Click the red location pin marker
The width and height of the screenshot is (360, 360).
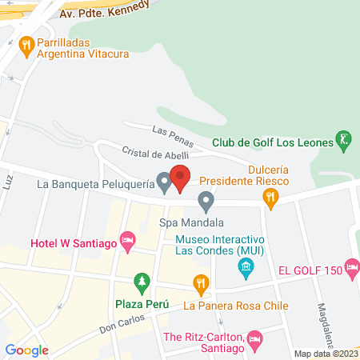[x=180, y=177]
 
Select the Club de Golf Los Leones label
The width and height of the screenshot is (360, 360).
[x=273, y=143]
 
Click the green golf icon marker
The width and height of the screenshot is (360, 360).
[x=343, y=140]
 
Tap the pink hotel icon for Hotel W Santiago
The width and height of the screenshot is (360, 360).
[x=126, y=240]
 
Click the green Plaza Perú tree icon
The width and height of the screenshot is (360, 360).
[x=142, y=282]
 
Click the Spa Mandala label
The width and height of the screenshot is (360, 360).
[x=191, y=222]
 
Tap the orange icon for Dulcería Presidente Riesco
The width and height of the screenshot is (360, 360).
[x=271, y=197]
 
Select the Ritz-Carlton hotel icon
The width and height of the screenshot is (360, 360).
[x=254, y=339]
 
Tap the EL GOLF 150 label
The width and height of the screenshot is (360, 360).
[x=309, y=271]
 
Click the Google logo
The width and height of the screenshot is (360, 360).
[x=27, y=349]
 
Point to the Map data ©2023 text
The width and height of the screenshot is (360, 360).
[x=326, y=354]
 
